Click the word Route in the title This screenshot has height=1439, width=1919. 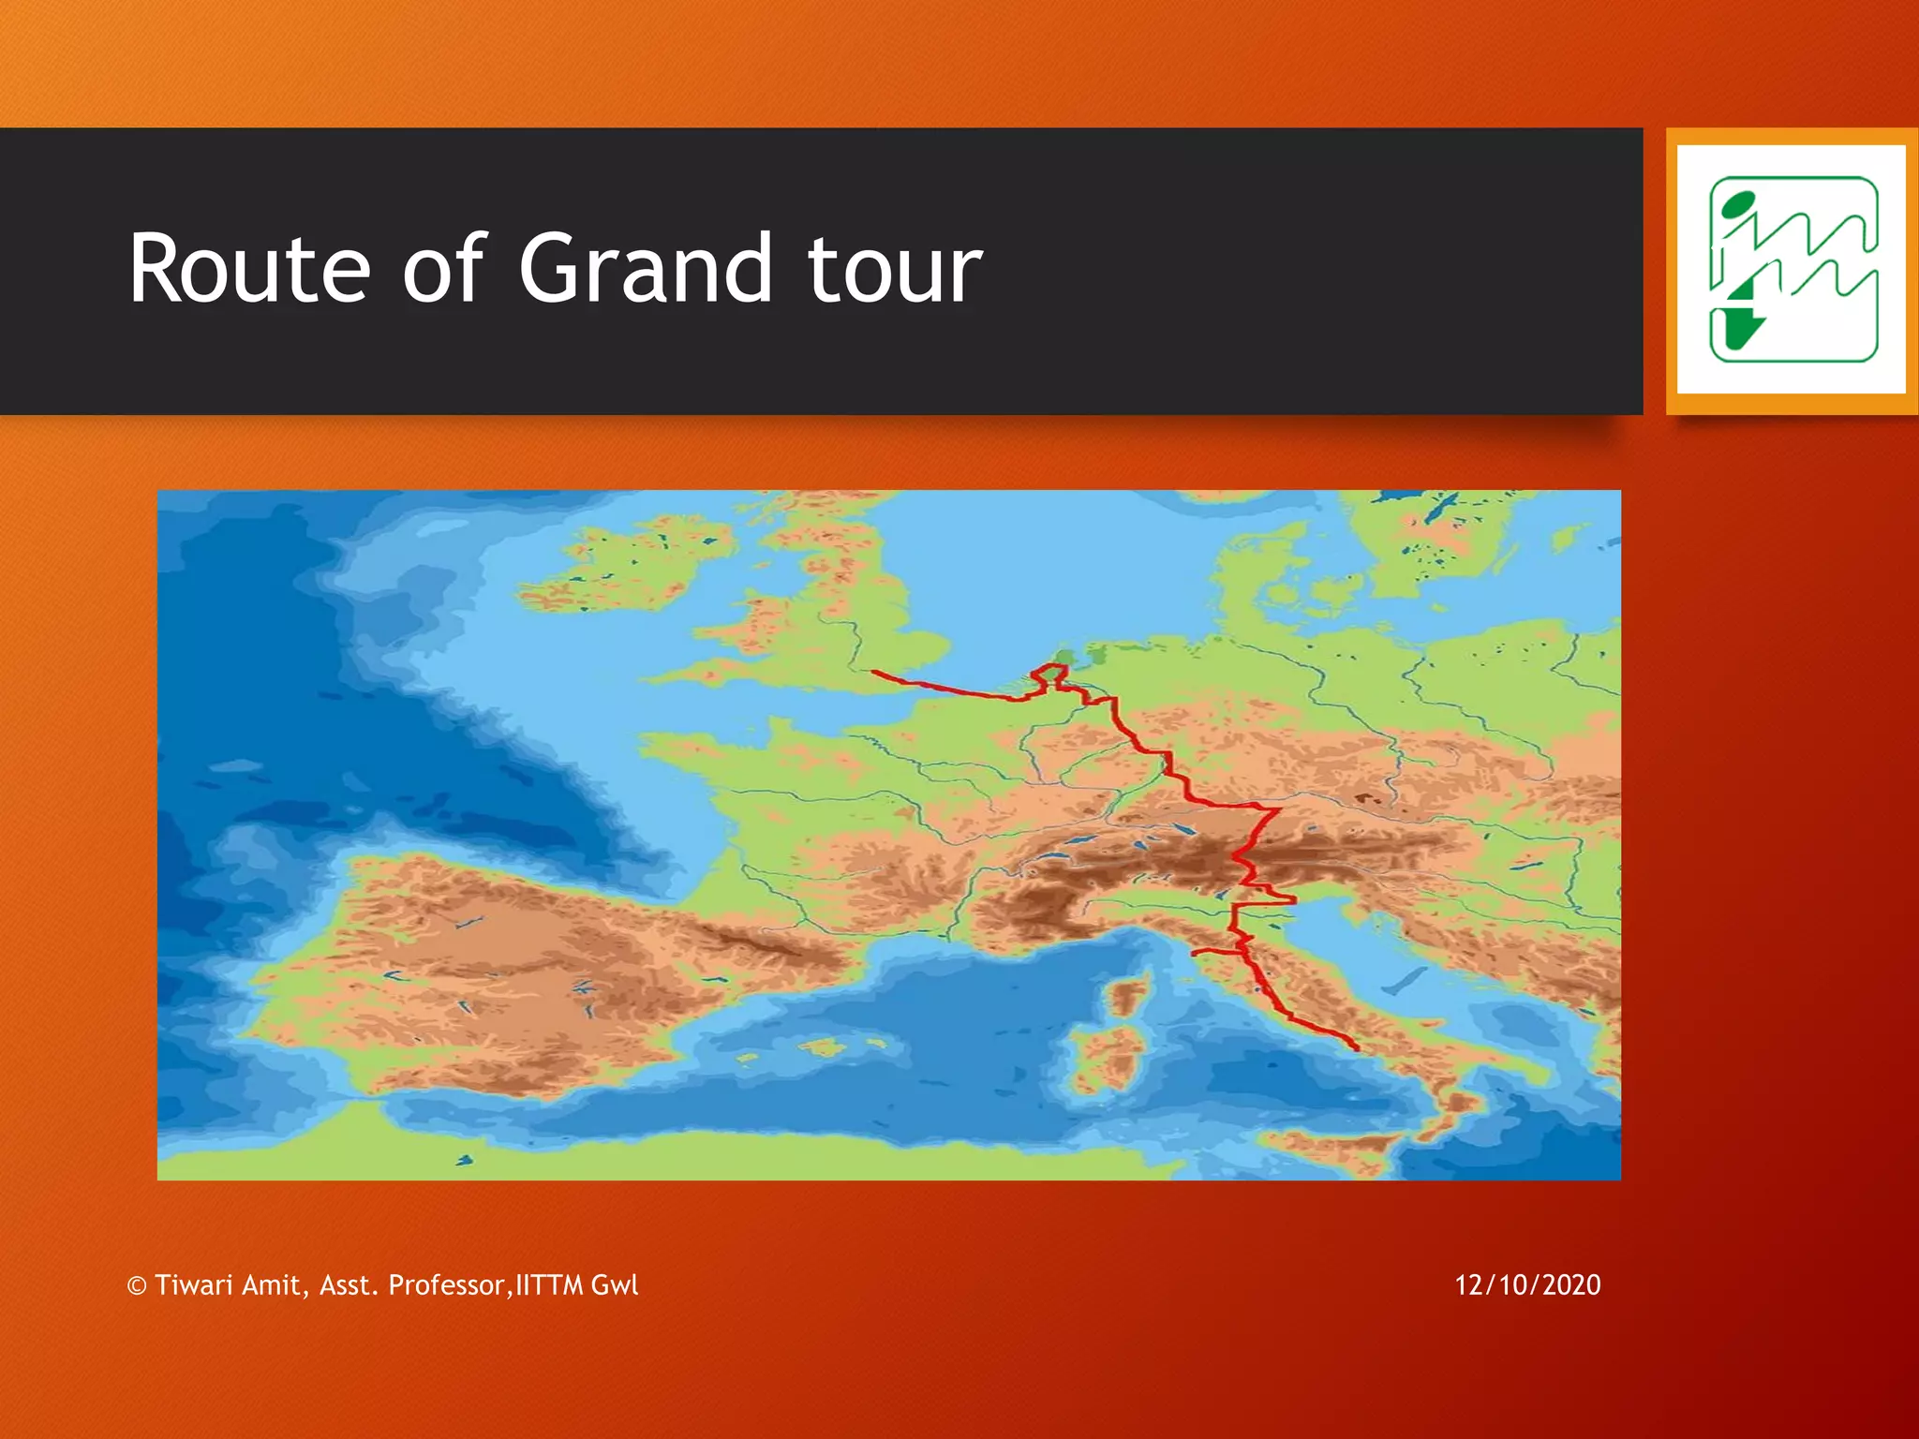pos(249,270)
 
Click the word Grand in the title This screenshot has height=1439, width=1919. pos(646,270)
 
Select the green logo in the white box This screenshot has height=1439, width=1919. pos(1793,270)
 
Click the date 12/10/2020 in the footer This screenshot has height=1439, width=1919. pos(1527,1284)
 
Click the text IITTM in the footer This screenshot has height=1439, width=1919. pos(550,1284)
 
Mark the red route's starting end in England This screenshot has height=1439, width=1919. pos(874,672)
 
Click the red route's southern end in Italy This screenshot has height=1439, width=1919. pos(1356,1047)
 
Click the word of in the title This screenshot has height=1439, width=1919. pos(442,270)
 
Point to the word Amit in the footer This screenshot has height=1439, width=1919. pos(271,1284)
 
